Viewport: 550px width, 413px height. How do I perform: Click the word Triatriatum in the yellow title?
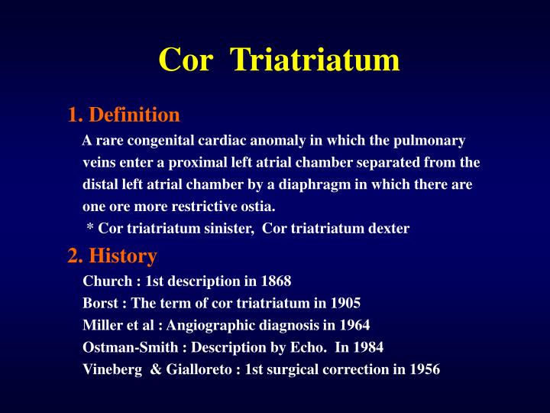(x=315, y=60)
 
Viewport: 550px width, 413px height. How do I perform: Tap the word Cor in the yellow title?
(x=184, y=60)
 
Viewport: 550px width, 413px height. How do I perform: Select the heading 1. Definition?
(x=124, y=115)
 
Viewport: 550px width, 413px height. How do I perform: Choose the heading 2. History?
(x=112, y=255)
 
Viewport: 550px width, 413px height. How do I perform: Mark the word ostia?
(x=257, y=206)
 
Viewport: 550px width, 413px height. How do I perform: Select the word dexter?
(x=389, y=229)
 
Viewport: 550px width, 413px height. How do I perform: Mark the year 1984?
(x=367, y=346)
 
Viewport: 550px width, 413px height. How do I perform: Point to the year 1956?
(x=424, y=369)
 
